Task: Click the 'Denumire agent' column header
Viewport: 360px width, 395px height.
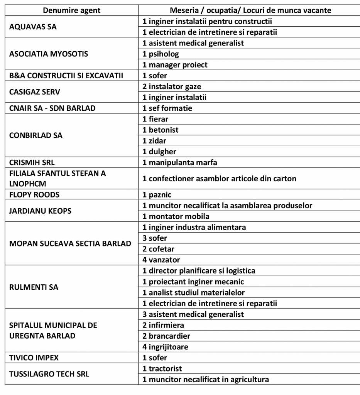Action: click(71, 10)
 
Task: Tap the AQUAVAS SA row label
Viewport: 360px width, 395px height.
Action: click(33, 27)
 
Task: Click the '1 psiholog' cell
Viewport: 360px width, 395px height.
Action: click(161, 54)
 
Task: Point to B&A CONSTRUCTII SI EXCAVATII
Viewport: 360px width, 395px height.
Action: click(66, 76)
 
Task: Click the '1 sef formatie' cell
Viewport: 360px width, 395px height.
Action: click(167, 108)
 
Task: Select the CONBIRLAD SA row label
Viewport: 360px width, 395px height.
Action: click(36, 135)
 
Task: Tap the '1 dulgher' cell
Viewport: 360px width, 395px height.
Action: click(159, 152)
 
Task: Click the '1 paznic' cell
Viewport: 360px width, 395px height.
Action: click(157, 195)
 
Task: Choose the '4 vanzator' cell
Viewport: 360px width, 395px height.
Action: click(161, 260)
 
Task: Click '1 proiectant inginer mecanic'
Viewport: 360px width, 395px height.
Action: click(193, 282)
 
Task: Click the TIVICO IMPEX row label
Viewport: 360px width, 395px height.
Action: click(34, 358)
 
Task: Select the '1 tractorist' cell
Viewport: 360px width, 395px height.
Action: click(162, 368)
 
